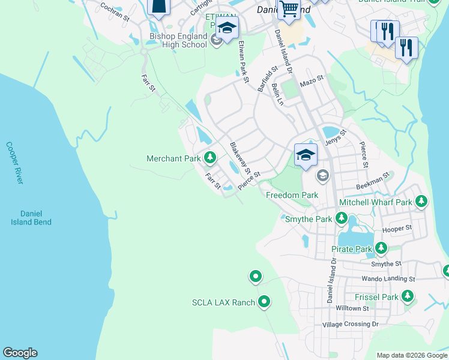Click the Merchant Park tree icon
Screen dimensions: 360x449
(x=209, y=158)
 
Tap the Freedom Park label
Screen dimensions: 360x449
(x=292, y=196)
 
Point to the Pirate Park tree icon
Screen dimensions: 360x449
(x=381, y=248)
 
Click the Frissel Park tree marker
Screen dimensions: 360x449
(x=408, y=296)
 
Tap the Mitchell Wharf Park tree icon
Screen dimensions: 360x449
(x=421, y=201)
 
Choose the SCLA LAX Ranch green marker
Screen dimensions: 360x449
(x=264, y=302)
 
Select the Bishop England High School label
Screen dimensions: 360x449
(x=178, y=40)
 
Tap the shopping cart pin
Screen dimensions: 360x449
(x=289, y=9)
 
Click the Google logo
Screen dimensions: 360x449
(x=20, y=353)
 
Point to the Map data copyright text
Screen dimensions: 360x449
(x=411, y=355)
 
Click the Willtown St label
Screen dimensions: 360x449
(x=352, y=308)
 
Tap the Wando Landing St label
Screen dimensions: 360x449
(x=388, y=279)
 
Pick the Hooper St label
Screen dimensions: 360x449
(x=397, y=229)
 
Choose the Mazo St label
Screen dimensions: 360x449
(x=312, y=79)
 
